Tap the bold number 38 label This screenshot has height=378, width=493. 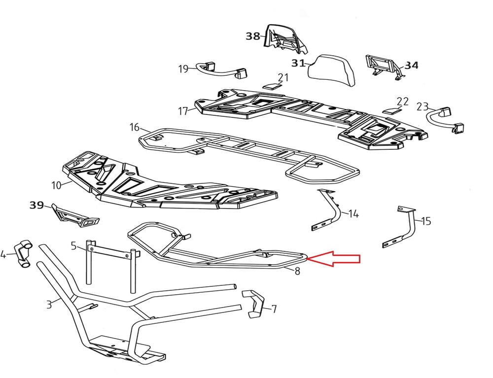(253, 36)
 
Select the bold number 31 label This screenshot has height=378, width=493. (298, 63)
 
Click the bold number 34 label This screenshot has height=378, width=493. (412, 65)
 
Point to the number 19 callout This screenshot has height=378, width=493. (183, 69)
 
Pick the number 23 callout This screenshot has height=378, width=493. (423, 106)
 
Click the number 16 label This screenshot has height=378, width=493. (135, 127)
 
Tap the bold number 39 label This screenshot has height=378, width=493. (36, 205)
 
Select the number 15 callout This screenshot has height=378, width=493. (426, 221)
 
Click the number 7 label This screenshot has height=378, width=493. (274, 309)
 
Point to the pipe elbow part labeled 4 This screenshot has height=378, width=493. (22, 252)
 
